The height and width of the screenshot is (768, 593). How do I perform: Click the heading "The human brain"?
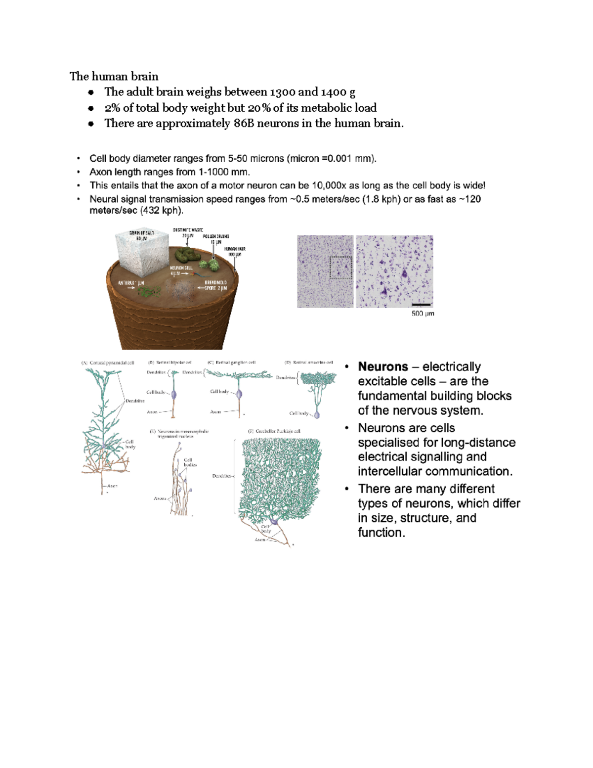(x=114, y=76)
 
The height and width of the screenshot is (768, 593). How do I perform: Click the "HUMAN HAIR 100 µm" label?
(x=235, y=252)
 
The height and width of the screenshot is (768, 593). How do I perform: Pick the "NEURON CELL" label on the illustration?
(x=181, y=268)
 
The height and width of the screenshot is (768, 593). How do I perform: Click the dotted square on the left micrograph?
(x=340, y=268)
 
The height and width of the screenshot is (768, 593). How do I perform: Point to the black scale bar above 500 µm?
(x=422, y=305)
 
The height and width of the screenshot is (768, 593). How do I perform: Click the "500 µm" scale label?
(x=423, y=314)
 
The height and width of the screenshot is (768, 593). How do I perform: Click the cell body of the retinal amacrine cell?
(x=317, y=415)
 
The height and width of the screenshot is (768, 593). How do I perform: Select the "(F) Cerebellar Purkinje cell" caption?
(x=274, y=431)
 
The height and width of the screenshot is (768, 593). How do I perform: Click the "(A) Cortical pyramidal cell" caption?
(x=108, y=362)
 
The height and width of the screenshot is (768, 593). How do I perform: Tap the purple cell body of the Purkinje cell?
(x=274, y=521)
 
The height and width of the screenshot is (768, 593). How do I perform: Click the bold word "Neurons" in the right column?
(x=383, y=366)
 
